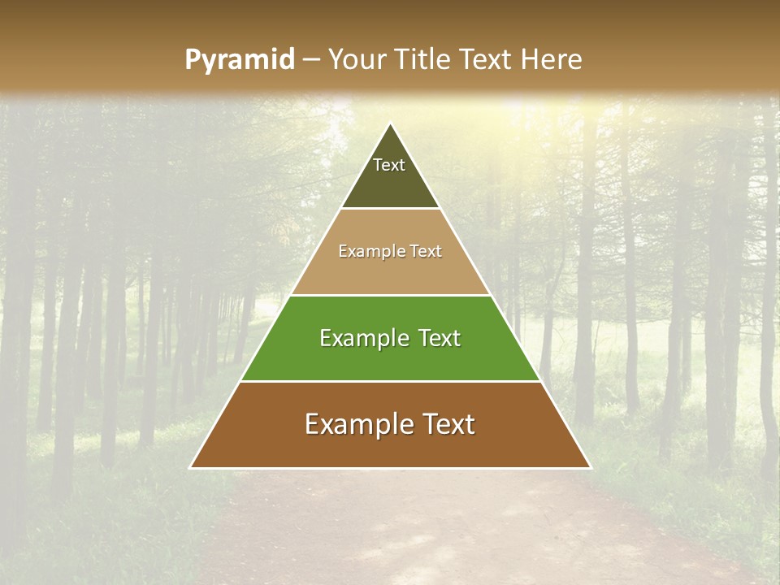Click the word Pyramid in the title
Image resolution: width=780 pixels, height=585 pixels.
pos(239,60)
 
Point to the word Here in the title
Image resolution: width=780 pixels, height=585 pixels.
pos(552,59)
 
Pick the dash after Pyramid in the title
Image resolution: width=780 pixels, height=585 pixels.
pos(311,60)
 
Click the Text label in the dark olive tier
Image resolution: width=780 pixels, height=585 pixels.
pos(389,165)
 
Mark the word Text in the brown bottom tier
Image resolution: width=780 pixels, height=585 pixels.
pos(447,424)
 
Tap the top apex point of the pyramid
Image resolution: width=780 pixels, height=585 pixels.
pos(390,123)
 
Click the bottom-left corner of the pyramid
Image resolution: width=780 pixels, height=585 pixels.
pos(191,467)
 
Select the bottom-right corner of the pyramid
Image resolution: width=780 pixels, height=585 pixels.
pos(590,467)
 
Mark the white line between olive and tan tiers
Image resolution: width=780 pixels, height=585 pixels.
pos(390,209)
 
